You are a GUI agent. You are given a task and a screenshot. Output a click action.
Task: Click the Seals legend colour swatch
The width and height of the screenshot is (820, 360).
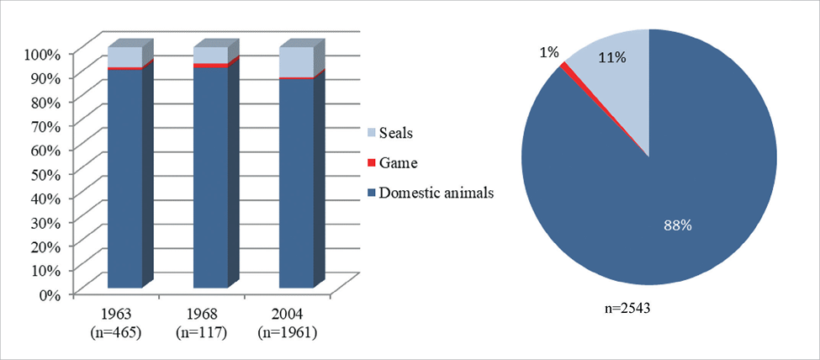[x=371, y=134]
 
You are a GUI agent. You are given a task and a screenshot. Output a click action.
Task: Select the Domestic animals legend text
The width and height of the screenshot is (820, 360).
[x=436, y=193]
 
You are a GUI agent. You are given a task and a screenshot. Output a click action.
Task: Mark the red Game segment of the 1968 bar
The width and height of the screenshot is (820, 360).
[x=210, y=66]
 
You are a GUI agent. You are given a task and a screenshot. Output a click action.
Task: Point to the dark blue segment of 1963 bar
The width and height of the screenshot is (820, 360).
[x=124, y=177]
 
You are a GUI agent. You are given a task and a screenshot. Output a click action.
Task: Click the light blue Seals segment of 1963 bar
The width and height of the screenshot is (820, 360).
[x=124, y=57]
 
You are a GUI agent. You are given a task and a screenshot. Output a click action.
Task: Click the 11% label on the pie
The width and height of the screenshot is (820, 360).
[x=611, y=57]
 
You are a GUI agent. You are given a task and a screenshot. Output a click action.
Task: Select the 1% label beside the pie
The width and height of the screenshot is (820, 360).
[x=549, y=52]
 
